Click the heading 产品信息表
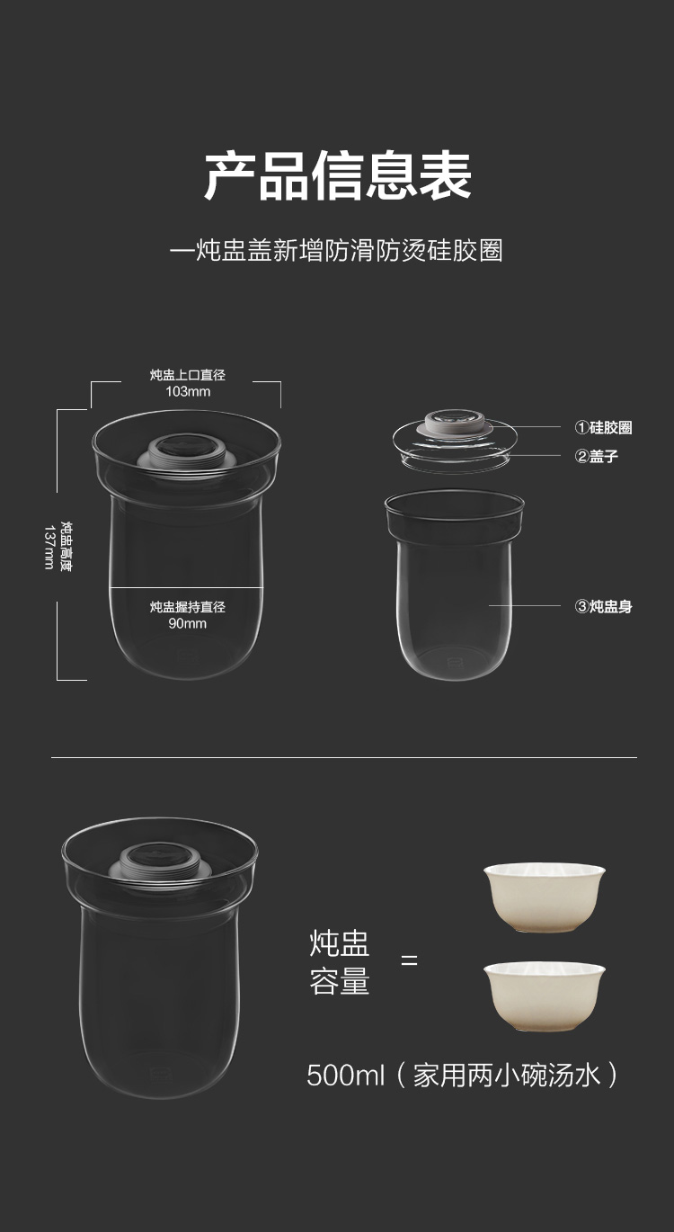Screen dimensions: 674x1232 point(338,175)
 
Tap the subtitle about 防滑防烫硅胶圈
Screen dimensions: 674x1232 point(336,250)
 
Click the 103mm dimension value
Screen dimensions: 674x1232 point(188,391)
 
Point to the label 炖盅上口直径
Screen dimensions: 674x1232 point(188,375)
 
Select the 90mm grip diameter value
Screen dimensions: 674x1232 point(188,623)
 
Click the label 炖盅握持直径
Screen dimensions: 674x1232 point(188,607)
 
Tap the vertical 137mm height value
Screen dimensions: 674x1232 point(49,548)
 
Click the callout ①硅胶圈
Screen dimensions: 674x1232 point(603,427)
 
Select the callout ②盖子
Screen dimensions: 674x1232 point(597,456)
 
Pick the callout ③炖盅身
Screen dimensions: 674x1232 point(603,607)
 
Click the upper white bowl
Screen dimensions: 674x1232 point(545,897)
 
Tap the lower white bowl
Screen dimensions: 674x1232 point(545,996)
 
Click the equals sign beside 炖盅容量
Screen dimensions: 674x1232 point(409,960)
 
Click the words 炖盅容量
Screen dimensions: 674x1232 point(339,962)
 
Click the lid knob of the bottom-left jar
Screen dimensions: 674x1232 point(160,861)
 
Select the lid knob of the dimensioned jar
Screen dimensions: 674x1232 point(187,452)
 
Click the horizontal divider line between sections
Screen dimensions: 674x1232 point(344,757)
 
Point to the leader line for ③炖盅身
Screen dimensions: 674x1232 point(525,605)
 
